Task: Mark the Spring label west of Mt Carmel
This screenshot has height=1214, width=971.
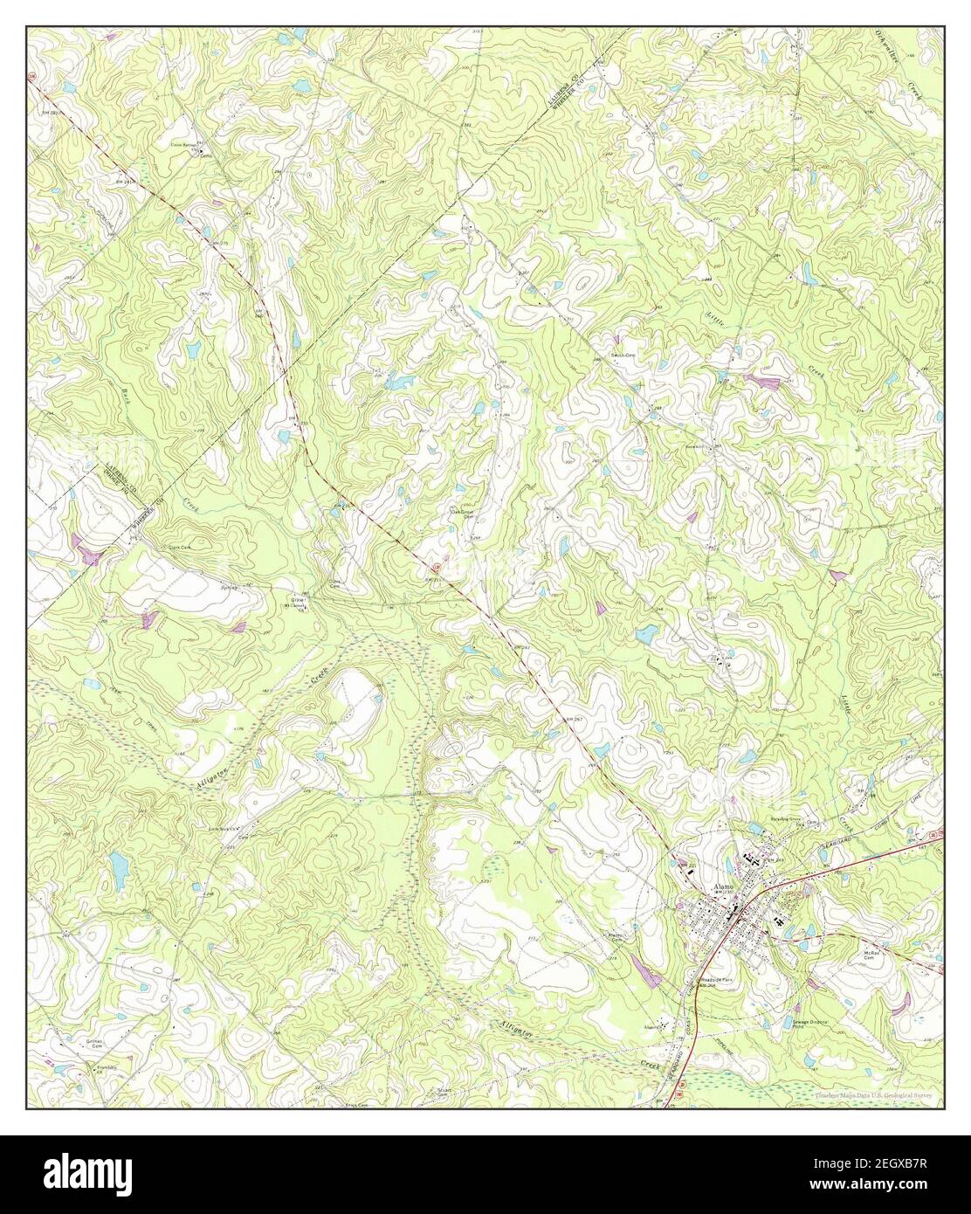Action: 230,588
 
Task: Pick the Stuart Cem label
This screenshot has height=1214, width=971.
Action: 445,1093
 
